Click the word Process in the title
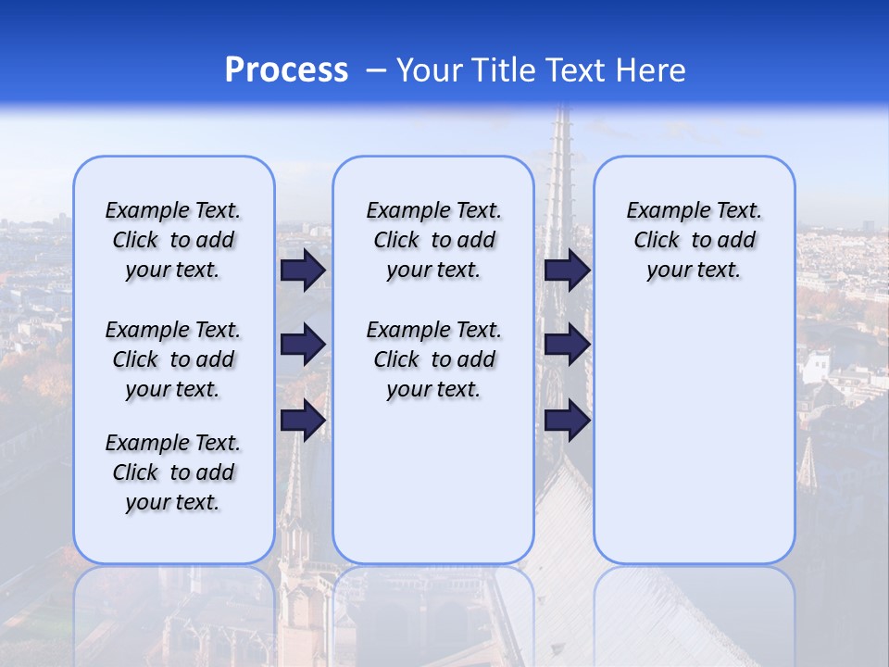[286, 70]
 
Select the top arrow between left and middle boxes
[303, 271]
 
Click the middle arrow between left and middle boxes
[303, 345]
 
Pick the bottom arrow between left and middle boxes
[303, 420]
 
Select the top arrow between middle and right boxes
[567, 271]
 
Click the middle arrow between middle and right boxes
[567, 345]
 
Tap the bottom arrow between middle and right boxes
[567, 420]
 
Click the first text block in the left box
[173, 240]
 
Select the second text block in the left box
[173, 359]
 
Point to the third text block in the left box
[173, 472]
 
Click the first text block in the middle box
[433, 240]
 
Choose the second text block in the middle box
[433, 359]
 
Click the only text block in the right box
[694, 240]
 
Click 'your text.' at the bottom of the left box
[173, 502]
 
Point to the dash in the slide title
[376, 70]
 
